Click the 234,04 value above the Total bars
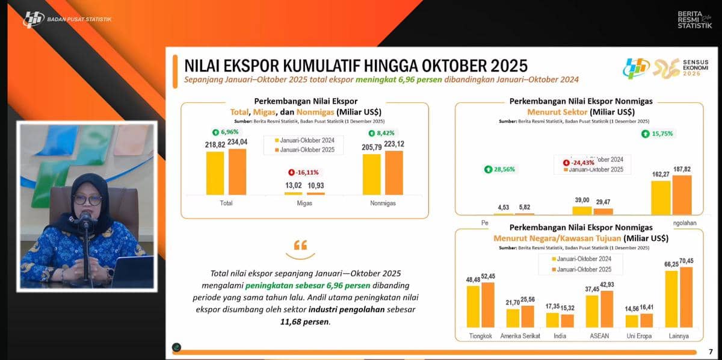click(238, 142)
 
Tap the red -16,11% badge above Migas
click(304, 172)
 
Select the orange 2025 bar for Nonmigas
click(394, 173)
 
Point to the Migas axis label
click(304, 203)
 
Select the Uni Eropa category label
click(639, 335)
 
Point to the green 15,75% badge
click(659, 134)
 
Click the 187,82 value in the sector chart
click(682, 169)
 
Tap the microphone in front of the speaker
click(85, 219)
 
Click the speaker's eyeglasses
click(87, 199)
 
